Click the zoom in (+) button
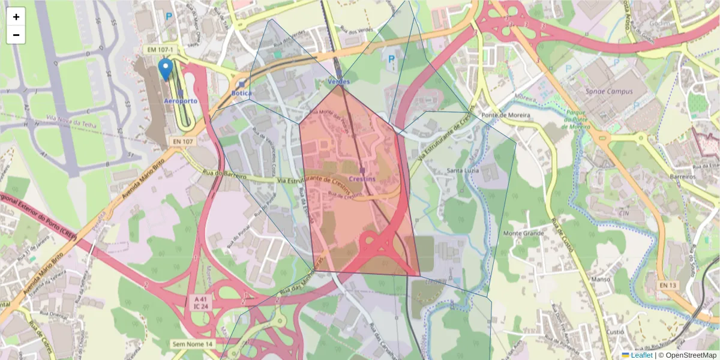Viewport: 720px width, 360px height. click(16, 17)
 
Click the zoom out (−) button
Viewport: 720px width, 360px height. click(16, 35)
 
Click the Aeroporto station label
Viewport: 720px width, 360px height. click(181, 101)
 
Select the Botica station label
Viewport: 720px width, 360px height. click(242, 94)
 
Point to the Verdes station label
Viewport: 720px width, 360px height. click(338, 81)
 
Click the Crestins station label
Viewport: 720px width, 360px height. click(362, 179)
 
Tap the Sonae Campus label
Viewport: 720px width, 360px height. click(610, 92)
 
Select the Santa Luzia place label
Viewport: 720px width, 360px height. click(462, 171)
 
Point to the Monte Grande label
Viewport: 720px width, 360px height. click(523, 233)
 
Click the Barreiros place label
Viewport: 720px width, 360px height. click(683, 177)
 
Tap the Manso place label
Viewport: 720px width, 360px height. click(601, 279)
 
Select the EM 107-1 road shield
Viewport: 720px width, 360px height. click(158, 50)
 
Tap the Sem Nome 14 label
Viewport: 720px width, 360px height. click(193, 344)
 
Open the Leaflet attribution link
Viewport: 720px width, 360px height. click(641, 355)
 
